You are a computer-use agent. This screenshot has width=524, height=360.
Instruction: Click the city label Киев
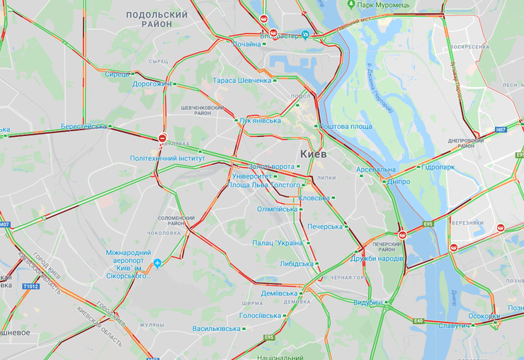tap(313, 153)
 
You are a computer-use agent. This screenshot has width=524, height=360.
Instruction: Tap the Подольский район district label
tap(156, 19)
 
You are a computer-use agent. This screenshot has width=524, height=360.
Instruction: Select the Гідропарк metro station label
tap(438, 167)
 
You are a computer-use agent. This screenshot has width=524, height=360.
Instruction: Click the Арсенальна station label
tap(375, 170)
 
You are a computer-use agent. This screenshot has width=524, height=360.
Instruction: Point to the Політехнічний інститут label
tap(168, 159)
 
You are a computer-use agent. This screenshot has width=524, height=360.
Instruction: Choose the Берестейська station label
tap(84, 126)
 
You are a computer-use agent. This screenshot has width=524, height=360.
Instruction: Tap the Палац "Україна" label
tap(277, 243)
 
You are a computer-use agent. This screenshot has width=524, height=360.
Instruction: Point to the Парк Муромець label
tap(383, 5)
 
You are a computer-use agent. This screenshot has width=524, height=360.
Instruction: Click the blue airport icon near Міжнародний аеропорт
tap(157, 263)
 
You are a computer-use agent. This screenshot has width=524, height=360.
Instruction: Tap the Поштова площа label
tap(346, 126)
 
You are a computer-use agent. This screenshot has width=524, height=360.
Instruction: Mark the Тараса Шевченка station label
tap(241, 81)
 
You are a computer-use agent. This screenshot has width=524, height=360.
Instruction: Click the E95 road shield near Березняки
tap(428, 224)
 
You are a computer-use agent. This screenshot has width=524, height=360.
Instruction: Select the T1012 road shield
tap(30, 286)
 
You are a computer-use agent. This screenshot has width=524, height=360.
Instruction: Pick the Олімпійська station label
tap(277, 209)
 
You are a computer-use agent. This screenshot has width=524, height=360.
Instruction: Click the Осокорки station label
tap(484, 317)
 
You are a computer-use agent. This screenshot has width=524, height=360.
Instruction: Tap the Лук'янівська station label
tap(261, 120)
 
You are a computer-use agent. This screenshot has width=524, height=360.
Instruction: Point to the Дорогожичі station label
tap(152, 84)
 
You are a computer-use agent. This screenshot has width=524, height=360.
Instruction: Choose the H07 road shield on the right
tap(501, 130)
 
